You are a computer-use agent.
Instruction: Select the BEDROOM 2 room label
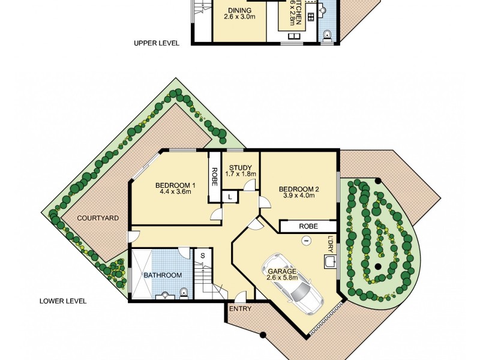(298, 190)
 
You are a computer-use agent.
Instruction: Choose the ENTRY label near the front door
(240, 308)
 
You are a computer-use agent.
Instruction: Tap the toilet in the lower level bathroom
(184, 293)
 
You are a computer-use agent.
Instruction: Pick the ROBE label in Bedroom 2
(308, 227)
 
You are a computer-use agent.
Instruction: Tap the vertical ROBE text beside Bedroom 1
(214, 177)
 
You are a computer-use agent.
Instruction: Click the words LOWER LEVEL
(62, 301)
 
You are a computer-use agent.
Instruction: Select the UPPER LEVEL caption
(157, 43)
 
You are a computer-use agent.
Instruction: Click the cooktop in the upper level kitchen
(311, 16)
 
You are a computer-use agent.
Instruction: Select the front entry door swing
(241, 297)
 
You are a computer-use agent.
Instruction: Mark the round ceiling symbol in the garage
(306, 241)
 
